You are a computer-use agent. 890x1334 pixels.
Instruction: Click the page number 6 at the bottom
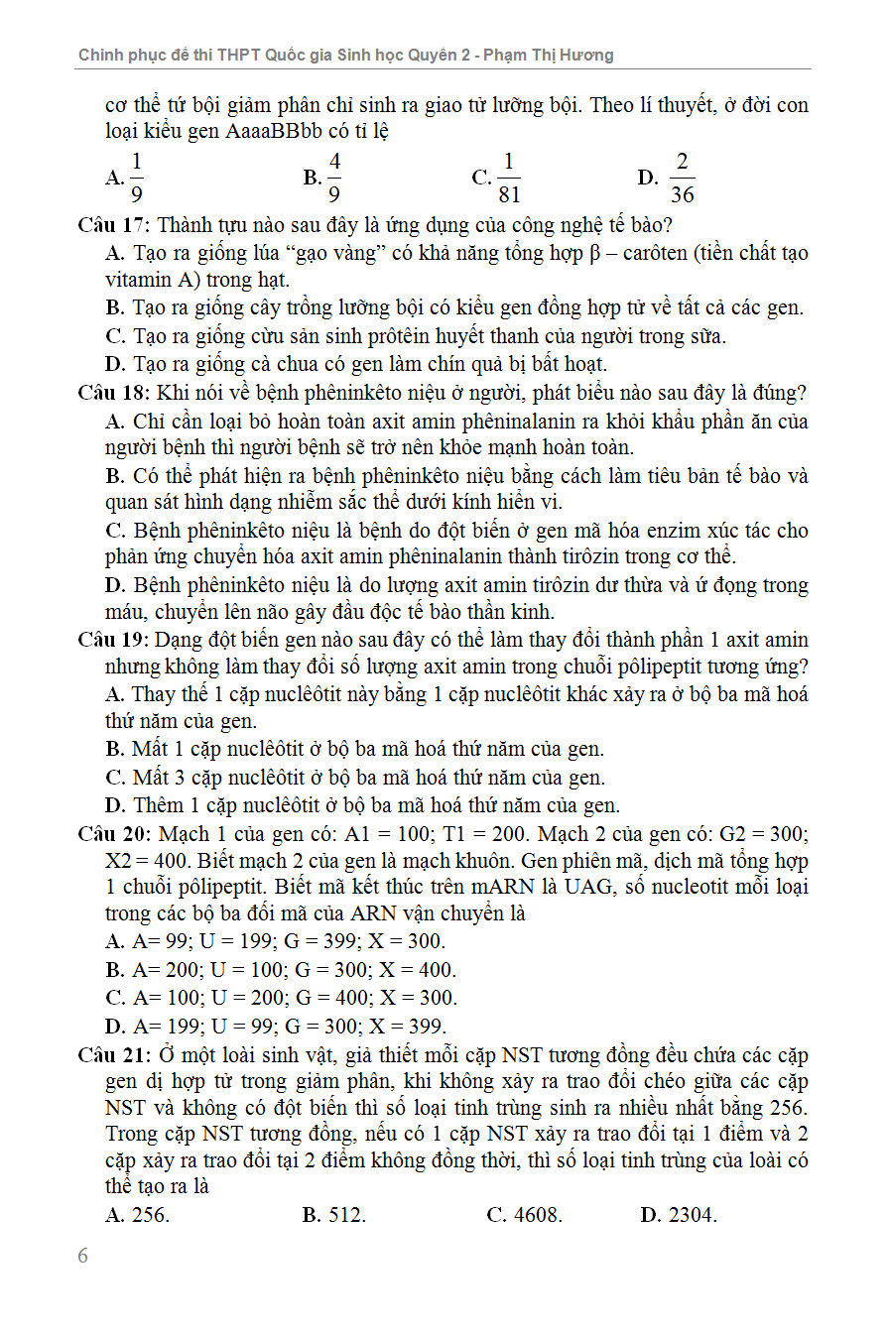[x=82, y=1256]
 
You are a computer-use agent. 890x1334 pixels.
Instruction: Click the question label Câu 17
[x=112, y=225]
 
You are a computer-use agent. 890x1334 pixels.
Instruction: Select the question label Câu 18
[x=112, y=393]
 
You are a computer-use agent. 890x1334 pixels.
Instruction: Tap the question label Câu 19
[x=112, y=640]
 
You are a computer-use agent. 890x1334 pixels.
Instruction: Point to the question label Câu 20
[x=113, y=834]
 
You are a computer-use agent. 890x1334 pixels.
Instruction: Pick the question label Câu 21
[x=113, y=1054]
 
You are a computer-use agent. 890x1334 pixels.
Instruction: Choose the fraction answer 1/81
[x=508, y=179]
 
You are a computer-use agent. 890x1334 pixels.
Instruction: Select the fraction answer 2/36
[x=682, y=179]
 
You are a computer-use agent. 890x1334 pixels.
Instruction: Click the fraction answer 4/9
[x=334, y=179]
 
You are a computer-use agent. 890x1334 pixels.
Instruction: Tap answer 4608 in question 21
[x=536, y=1215]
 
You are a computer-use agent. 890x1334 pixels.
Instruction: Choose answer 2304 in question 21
[x=692, y=1215]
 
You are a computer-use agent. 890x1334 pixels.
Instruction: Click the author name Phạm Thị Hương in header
[x=562, y=56]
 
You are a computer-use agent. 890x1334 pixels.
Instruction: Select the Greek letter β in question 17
[x=595, y=254]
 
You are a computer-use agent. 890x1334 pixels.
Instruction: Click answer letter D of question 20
[x=115, y=1027]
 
